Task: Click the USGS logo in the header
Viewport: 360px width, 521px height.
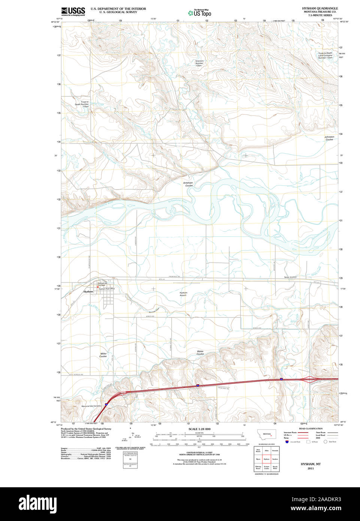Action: pyautogui.click(x=73, y=11)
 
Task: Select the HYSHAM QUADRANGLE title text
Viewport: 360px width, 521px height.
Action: pyautogui.click(x=320, y=8)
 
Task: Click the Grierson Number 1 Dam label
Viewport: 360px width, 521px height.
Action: pyautogui.click(x=199, y=63)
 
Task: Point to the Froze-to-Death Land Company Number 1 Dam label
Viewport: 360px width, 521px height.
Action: pyautogui.click(x=325, y=55)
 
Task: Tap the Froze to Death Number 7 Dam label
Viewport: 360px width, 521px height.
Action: pyautogui.click(x=82, y=104)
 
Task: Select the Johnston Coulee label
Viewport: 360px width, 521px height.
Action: pyautogui.click(x=329, y=138)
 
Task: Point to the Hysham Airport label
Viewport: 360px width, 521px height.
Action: pyautogui.click(x=183, y=294)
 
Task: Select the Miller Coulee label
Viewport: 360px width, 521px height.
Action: pyautogui.click(x=103, y=355)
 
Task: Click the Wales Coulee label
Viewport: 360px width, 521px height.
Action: pyautogui.click(x=200, y=353)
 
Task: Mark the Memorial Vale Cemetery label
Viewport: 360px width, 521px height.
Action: pyautogui.click(x=91, y=406)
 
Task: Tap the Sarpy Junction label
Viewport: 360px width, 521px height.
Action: pyautogui.click(x=290, y=277)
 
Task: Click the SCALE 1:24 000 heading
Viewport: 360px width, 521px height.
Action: pyautogui.click(x=199, y=429)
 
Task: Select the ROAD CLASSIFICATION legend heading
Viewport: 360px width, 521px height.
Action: pyautogui.click(x=311, y=428)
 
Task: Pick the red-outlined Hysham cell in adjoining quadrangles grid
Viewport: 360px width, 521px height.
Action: pyautogui.click(x=266, y=459)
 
